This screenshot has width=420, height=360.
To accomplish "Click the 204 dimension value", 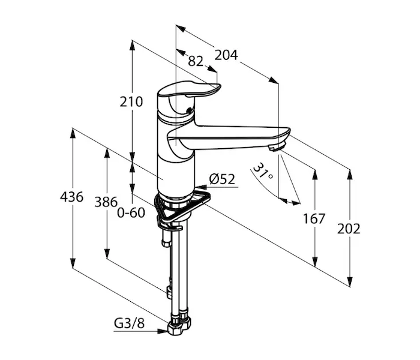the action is (226, 55).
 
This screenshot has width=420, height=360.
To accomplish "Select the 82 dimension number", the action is (196, 61).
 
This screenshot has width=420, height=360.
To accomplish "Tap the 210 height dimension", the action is (131, 102).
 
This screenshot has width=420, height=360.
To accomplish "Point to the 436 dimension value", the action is (72, 197).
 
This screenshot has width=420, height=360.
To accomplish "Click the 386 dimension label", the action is (106, 202).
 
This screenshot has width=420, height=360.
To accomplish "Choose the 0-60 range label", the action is (131, 212).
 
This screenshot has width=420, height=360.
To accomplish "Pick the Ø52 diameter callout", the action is (223, 179).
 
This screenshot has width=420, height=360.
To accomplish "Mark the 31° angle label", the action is (263, 172).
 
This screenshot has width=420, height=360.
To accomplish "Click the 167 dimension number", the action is (314, 218).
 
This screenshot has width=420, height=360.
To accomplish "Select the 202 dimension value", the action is (349, 229).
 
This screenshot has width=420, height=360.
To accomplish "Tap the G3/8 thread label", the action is (130, 323).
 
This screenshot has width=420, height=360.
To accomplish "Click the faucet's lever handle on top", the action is (189, 89).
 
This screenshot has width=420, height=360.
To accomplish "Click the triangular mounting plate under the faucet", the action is (182, 206).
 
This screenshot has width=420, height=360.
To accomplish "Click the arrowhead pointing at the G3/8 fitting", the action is (163, 331).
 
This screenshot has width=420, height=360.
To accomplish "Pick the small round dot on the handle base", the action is (190, 109).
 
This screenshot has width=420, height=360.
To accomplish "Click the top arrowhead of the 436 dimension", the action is (73, 133).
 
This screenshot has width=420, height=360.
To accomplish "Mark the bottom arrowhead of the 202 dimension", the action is (350, 281).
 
